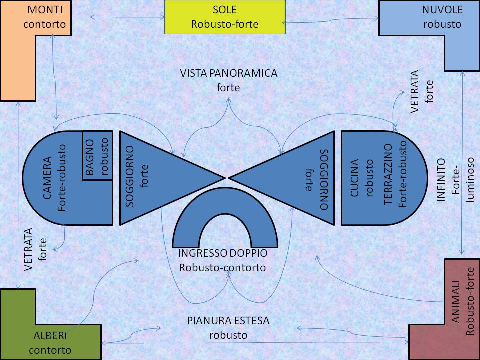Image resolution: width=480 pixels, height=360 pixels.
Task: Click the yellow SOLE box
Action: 224,17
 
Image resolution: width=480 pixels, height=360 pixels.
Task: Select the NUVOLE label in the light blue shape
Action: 442,10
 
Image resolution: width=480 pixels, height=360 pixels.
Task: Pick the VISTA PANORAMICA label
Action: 229,74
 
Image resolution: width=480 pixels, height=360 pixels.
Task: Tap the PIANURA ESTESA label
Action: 228,320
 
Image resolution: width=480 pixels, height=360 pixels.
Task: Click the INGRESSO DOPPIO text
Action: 222,253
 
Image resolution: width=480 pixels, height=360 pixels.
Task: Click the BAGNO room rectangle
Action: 97,155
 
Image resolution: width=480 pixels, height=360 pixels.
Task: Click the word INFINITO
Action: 441,180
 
